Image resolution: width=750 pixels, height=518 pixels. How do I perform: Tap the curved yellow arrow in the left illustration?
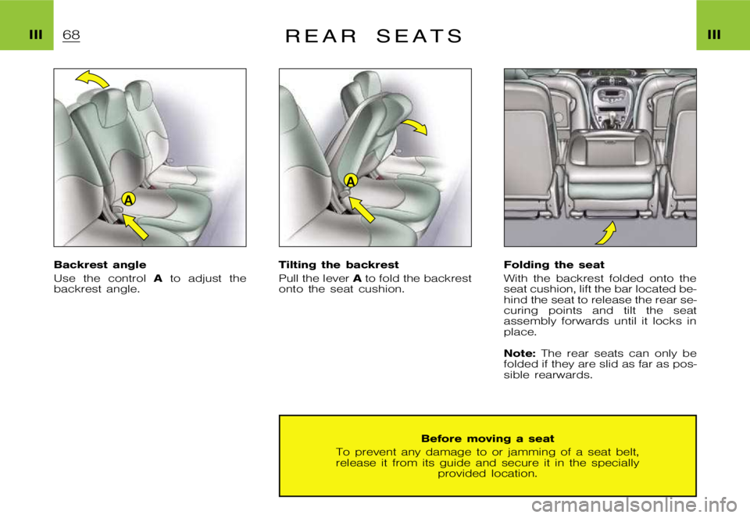click(x=92, y=77)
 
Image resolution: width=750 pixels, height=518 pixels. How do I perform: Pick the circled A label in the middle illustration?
click(x=351, y=180)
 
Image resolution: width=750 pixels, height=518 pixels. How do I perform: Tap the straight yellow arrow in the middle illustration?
click(x=361, y=209)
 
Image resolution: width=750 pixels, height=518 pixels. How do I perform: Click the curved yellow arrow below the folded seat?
click(x=606, y=232)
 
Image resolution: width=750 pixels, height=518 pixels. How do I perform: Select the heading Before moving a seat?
click(x=487, y=439)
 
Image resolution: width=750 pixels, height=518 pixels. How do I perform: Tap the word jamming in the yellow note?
click(x=509, y=452)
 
